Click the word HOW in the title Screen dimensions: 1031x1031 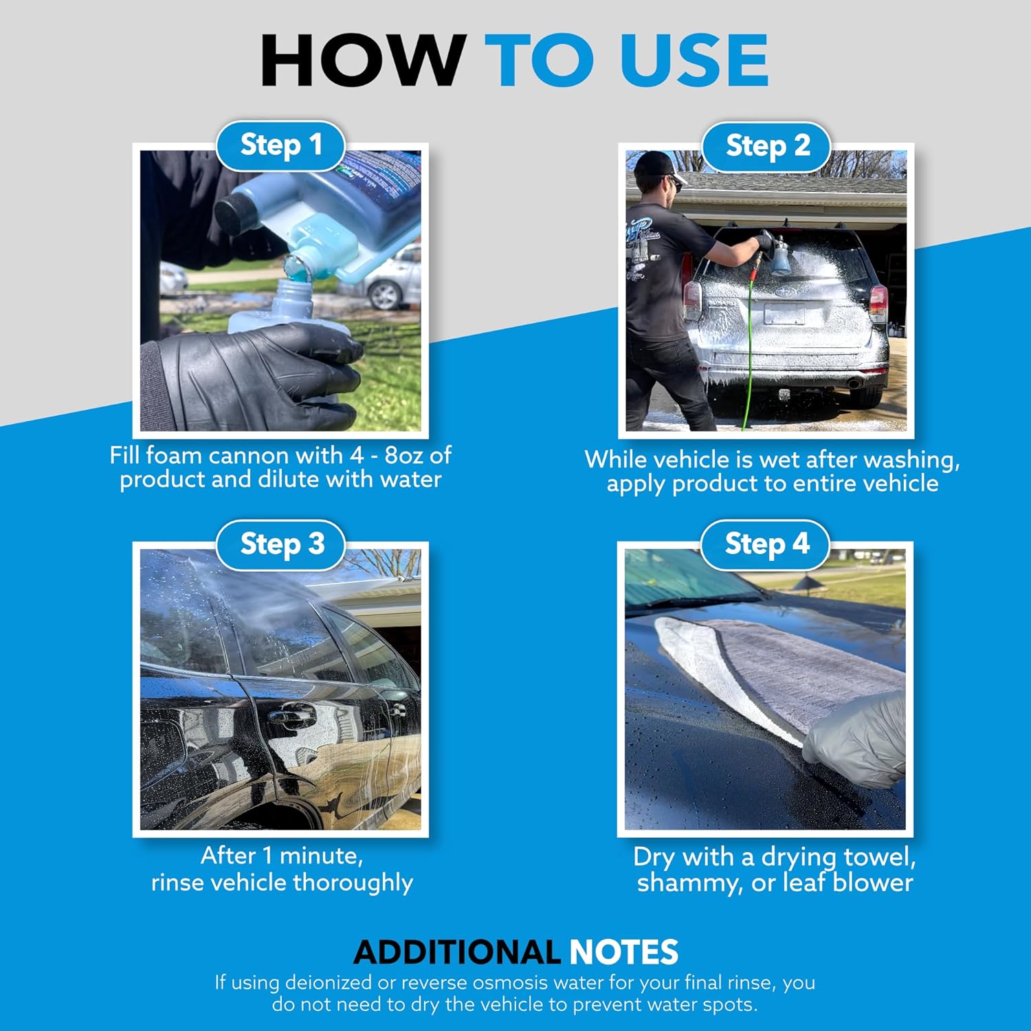pos(362,60)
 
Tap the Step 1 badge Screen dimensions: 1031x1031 pos(280,146)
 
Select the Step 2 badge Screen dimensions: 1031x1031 pos(767,146)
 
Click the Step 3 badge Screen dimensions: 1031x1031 pos(281,544)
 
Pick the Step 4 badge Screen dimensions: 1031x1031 pos(766,544)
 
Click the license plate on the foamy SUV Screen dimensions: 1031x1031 pos(784,313)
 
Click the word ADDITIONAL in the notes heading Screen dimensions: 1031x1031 pos(456,953)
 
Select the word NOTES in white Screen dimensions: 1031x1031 pos(623,953)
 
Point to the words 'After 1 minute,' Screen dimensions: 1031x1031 pos(282,856)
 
